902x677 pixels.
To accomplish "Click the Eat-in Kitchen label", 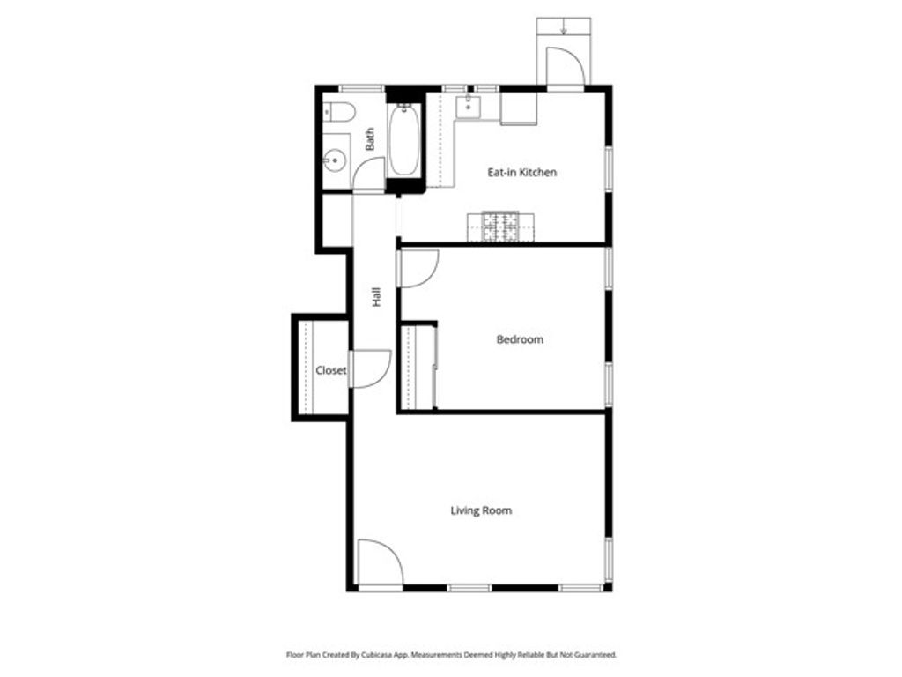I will coord(521,173).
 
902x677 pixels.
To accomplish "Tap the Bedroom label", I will coord(520,339).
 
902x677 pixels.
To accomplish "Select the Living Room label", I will coord(481,510).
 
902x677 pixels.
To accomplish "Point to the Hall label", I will coord(377,297).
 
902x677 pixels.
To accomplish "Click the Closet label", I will coord(330,371).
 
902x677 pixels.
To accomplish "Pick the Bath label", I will coord(371,139).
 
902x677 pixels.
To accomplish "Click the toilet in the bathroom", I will coord(338,112).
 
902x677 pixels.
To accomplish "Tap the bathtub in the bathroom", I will coord(404,139).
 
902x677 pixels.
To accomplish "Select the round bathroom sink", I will coord(334,161).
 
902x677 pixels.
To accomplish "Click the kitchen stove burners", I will coord(499,227).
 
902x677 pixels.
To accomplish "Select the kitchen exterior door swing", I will coord(565,67).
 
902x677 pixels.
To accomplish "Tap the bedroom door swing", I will coord(418,268).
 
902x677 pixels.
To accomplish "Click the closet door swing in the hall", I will coord(370,368).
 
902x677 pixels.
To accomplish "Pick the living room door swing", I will coord(380,563).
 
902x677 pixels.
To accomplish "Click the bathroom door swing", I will coord(369,174).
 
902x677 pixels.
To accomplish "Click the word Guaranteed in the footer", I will coord(594,655).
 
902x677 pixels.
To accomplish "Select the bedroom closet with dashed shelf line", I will coord(417,367).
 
